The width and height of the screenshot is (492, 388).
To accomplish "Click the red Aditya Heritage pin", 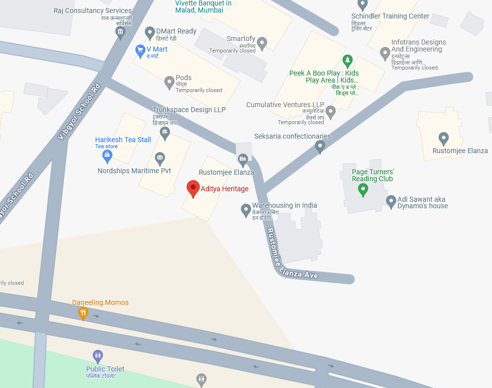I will click(193, 189).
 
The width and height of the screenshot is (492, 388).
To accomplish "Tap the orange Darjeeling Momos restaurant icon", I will click(83, 313).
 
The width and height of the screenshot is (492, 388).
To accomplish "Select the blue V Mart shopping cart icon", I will click(140, 51).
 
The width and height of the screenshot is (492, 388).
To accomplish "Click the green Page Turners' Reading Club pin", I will click(363, 190).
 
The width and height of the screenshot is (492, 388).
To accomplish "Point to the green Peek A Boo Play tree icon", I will click(347, 61).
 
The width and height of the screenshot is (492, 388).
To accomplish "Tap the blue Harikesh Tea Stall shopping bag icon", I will click(107, 156).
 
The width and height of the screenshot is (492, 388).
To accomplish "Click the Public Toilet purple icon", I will click(98, 356).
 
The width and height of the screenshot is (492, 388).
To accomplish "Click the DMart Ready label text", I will click(176, 31).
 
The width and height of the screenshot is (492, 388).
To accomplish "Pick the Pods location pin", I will click(170, 82).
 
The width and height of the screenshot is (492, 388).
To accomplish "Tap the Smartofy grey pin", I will click(262, 44).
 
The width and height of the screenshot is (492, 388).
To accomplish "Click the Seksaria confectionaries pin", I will click(320, 146).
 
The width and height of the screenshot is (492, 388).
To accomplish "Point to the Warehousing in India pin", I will click(246, 210).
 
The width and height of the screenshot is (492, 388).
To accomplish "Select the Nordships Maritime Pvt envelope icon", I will click(160, 159).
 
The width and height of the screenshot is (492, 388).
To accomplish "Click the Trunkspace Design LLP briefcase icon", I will click(165, 133).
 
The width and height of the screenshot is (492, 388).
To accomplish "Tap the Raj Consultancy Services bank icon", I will click(120, 33).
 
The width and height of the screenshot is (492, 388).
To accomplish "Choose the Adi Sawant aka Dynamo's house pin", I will click(391, 202).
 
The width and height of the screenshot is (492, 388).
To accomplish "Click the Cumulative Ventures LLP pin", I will click(330, 112).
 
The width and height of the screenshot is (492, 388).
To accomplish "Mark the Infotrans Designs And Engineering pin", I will click(385, 53).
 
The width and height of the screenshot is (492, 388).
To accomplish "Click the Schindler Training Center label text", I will click(390, 16).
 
